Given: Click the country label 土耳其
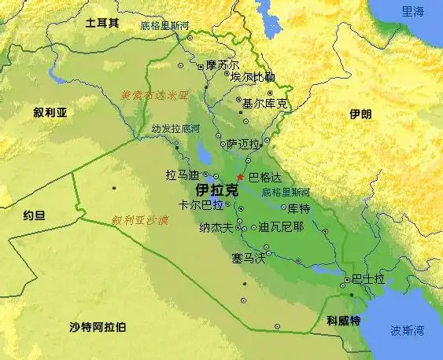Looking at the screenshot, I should tap(102, 23).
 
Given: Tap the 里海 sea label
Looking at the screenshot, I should tap(412, 12).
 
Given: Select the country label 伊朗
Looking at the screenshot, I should tap(360, 115).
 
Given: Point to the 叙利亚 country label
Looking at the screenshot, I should tap(50, 112).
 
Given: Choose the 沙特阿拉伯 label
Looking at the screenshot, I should tap(98, 326).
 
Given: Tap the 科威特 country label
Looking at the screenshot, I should tap(343, 321).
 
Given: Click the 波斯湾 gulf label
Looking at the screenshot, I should tap(408, 330).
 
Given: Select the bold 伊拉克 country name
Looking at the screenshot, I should tap(216, 190).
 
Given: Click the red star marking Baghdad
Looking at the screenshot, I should tap(240, 177).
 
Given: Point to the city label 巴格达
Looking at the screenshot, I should tap(264, 178).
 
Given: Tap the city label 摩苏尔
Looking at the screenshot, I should tap(223, 65).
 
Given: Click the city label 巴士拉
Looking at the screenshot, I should tap(368, 279).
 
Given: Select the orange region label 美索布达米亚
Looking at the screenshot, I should tap(155, 94).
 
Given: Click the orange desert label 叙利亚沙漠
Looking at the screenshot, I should tap(140, 220).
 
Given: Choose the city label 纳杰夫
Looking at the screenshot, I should tap(216, 228).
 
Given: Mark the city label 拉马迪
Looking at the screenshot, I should tap(183, 174).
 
